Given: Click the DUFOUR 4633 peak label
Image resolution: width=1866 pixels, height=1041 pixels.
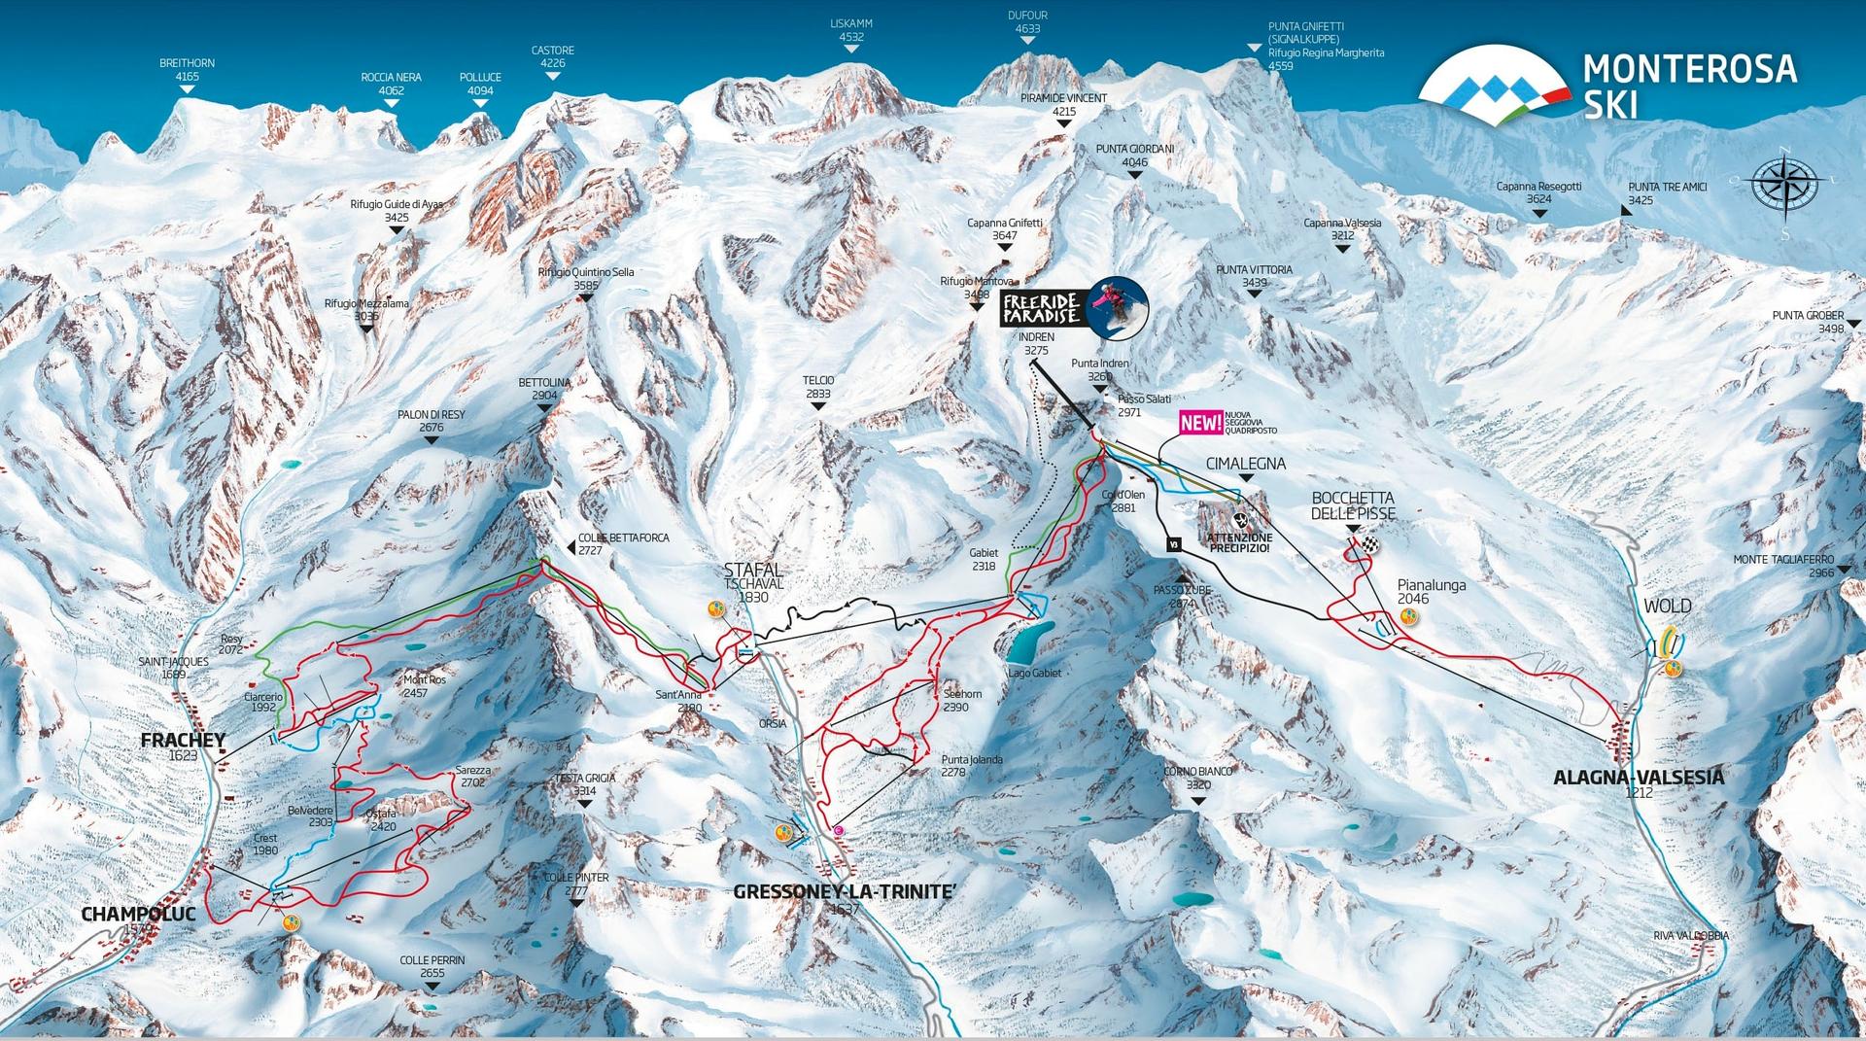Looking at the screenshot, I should pos(1027,22).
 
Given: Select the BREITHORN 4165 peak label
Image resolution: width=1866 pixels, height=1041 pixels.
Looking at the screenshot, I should pos(187,70).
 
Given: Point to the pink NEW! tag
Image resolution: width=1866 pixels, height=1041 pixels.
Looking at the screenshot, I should pos(1200,423).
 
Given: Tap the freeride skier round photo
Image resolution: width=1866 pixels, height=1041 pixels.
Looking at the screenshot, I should pos(1118,306).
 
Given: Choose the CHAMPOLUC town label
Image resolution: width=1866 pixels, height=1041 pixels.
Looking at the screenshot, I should pos(138,915).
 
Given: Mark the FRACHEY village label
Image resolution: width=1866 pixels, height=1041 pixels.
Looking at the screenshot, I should pos(183,741).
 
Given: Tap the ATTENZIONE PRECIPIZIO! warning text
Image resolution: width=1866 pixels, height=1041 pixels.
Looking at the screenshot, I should pos(1238,542).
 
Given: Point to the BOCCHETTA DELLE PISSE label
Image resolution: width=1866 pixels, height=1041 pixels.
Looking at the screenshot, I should pos(1353,505).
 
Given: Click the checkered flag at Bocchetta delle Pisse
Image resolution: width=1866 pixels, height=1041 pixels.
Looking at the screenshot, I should pos(1370,545).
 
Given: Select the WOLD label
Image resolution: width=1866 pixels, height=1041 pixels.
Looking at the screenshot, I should pos(1667,607).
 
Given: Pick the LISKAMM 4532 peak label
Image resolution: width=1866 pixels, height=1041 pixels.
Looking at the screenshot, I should pos(850,30).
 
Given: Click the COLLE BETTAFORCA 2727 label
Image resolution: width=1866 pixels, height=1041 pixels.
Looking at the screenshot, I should pos(623,542).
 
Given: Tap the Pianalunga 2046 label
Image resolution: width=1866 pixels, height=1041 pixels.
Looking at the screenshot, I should pos(1431,592).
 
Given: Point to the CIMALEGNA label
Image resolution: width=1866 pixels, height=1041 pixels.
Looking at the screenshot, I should pos(1245,465).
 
